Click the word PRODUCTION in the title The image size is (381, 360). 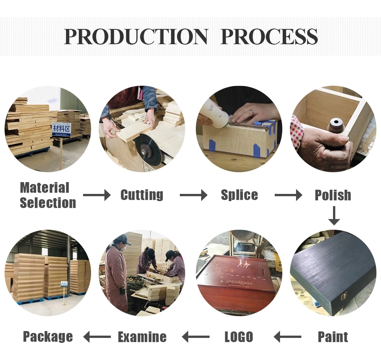click(136, 37)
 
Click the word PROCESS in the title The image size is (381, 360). click(269, 37)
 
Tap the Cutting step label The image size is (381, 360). click(142, 195)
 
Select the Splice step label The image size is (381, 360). click(239, 195)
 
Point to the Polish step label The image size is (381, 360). click(333, 195)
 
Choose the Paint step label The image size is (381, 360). click(333, 337)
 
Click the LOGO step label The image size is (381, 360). click(239, 337)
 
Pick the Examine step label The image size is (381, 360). click(142, 337)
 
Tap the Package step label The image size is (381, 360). click(48, 337)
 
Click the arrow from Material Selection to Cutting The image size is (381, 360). click(96, 195)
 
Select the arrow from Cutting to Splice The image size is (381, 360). click(194, 195)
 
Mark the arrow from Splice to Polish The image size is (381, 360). click(288, 195)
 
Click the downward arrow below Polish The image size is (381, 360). click(334, 216)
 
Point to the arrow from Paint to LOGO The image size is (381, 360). click(288, 337)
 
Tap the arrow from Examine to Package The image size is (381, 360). click(97, 337)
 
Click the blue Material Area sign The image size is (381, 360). click(61, 130)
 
